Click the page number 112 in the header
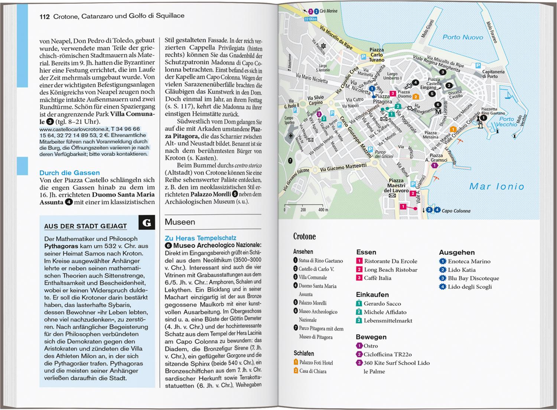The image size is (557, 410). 45,16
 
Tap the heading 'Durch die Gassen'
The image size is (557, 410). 69,173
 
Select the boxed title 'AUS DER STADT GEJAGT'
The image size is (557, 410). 85,226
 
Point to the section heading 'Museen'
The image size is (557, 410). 180,222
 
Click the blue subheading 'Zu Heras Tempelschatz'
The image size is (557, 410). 200,238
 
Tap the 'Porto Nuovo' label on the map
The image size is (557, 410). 463,37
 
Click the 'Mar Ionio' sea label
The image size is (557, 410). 496,186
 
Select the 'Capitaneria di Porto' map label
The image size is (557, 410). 493,74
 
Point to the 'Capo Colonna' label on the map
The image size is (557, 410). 456,211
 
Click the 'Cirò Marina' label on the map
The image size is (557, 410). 328,11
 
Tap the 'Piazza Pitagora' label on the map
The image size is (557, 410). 382,99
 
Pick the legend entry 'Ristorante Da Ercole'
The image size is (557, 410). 391,261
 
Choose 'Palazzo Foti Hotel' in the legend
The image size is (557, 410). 316,363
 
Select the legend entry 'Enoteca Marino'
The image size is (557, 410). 469,261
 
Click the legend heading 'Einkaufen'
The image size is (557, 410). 372,295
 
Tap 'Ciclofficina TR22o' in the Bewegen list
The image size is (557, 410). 388,354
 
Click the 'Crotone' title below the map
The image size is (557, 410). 304,236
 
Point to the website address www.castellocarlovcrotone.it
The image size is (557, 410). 72,129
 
